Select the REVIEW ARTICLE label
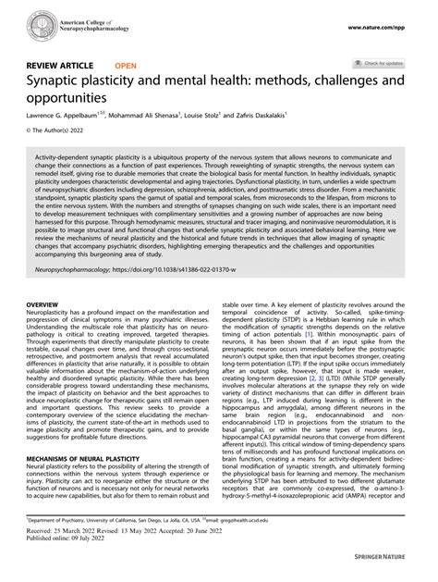(57, 67)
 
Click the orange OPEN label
(126, 67)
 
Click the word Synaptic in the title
(58, 82)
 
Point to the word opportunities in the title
(71, 100)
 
